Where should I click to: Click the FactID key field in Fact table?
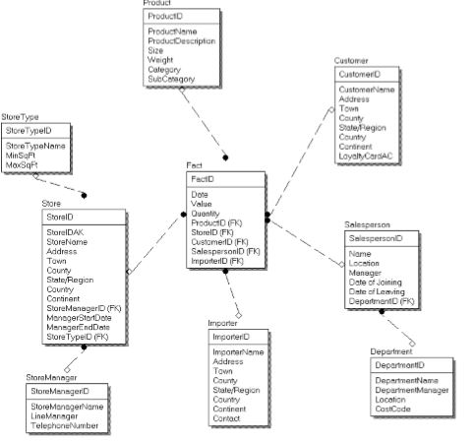203,179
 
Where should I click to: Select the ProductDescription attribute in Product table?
181,42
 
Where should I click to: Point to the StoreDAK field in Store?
61,232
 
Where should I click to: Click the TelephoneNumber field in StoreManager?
64,426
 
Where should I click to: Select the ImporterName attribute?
238,352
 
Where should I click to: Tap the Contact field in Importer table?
227,418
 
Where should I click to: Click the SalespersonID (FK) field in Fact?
225,252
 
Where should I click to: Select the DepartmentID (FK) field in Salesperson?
382,300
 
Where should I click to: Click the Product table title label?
158,5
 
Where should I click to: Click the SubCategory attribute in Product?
170,79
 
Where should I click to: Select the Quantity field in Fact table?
206,214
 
